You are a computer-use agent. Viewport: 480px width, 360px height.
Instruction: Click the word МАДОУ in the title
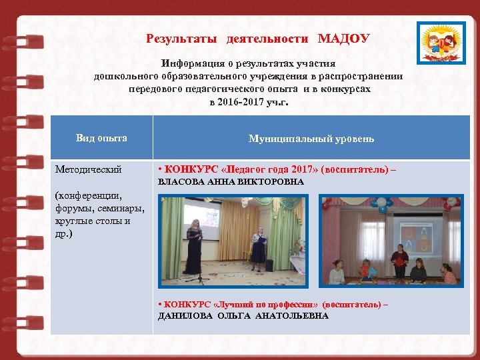tap(343, 39)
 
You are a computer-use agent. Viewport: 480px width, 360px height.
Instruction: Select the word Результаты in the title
tap(181, 39)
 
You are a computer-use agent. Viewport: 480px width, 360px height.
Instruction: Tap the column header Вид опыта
tap(101, 138)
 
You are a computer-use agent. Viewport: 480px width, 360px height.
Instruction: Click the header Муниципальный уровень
tap(311, 139)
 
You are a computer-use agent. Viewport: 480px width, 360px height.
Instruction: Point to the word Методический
tap(89, 170)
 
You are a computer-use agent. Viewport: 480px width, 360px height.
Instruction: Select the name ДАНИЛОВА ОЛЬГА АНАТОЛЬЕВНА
tap(243, 315)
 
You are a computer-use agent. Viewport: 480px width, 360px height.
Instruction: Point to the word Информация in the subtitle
tap(189, 64)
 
